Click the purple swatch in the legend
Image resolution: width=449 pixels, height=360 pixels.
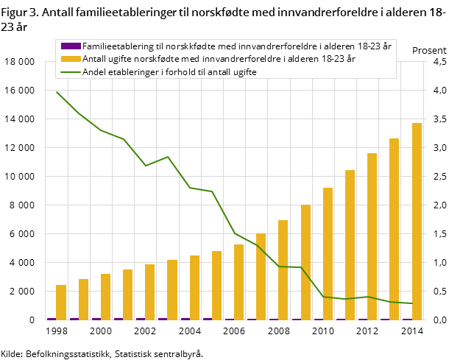(x=71, y=46)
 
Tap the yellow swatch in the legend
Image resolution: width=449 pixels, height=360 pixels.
(x=71, y=59)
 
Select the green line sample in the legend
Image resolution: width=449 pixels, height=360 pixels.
(x=71, y=72)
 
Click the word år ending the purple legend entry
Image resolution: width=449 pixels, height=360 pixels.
(x=387, y=46)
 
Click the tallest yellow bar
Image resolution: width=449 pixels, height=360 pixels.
(x=417, y=221)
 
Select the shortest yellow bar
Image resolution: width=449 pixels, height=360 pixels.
(x=61, y=302)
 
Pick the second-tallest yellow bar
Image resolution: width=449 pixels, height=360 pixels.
(x=395, y=229)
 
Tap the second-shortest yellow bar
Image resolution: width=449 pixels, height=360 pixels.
(x=83, y=299)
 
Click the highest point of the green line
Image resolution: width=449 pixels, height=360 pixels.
(x=57, y=92)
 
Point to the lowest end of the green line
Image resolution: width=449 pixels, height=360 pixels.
(x=412, y=303)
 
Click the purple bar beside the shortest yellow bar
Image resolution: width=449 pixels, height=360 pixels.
(x=52, y=319)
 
